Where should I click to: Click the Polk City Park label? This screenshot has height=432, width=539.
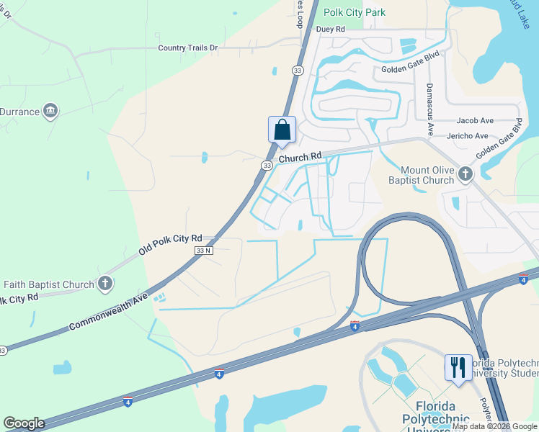tap(355, 12)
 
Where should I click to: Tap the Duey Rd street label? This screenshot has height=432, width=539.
tap(331, 30)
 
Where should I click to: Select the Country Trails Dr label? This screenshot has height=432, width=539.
tap(187, 48)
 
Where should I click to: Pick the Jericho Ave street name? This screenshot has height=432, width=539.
tap(471, 135)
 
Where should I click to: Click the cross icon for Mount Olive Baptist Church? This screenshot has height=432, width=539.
tap(465, 173)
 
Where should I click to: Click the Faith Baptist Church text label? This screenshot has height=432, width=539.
tap(49, 284)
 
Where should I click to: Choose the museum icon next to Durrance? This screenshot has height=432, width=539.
tap(50, 111)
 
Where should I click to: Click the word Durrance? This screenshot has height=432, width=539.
tap(19, 112)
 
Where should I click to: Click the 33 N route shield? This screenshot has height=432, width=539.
tap(205, 250)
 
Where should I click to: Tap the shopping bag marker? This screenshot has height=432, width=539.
tap(282, 130)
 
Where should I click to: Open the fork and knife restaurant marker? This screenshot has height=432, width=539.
tap(458, 367)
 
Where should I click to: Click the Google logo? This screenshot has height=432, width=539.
tap(24, 423)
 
